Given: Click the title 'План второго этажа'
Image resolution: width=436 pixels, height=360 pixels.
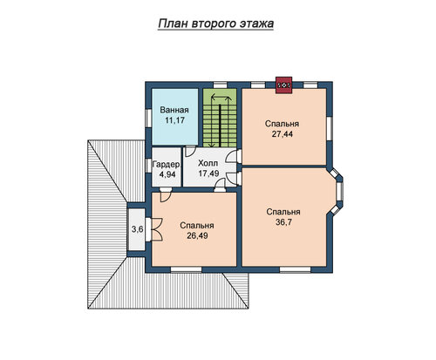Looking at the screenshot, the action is [x=216, y=24].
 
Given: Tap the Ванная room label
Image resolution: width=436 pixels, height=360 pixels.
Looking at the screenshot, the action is [x=174, y=110].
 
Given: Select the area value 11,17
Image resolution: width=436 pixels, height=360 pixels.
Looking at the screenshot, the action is [x=174, y=120].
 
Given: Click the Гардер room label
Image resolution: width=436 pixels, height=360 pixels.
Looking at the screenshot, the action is [x=166, y=165].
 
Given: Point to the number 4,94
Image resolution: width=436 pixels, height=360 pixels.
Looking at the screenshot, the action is [x=167, y=174].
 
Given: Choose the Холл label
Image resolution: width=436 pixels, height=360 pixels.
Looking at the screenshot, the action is [x=208, y=163].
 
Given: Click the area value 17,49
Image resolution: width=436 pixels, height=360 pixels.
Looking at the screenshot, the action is [x=208, y=173].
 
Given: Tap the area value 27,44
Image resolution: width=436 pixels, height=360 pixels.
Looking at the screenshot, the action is [x=282, y=134].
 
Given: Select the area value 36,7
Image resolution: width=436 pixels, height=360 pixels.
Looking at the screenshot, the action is [x=283, y=222].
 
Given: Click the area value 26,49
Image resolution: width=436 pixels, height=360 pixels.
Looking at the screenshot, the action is [x=197, y=235].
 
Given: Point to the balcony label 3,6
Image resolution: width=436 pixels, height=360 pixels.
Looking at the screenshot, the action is [x=137, y=229].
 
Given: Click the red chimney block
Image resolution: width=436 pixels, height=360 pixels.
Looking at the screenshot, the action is [x=283, y=85].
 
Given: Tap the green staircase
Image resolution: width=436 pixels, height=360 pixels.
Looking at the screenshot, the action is [x=220, y=118].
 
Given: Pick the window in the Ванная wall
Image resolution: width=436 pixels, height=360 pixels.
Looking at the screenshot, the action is [x=148, y=119].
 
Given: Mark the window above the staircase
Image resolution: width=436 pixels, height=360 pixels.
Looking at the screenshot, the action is [x=220, y=85].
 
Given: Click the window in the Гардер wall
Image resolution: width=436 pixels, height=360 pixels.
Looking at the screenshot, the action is [x=148, y=167].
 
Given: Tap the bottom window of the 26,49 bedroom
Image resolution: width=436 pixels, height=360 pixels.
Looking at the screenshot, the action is [x=186, y=269].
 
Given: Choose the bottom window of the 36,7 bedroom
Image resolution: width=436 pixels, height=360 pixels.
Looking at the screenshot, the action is [x=296, y=269].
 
